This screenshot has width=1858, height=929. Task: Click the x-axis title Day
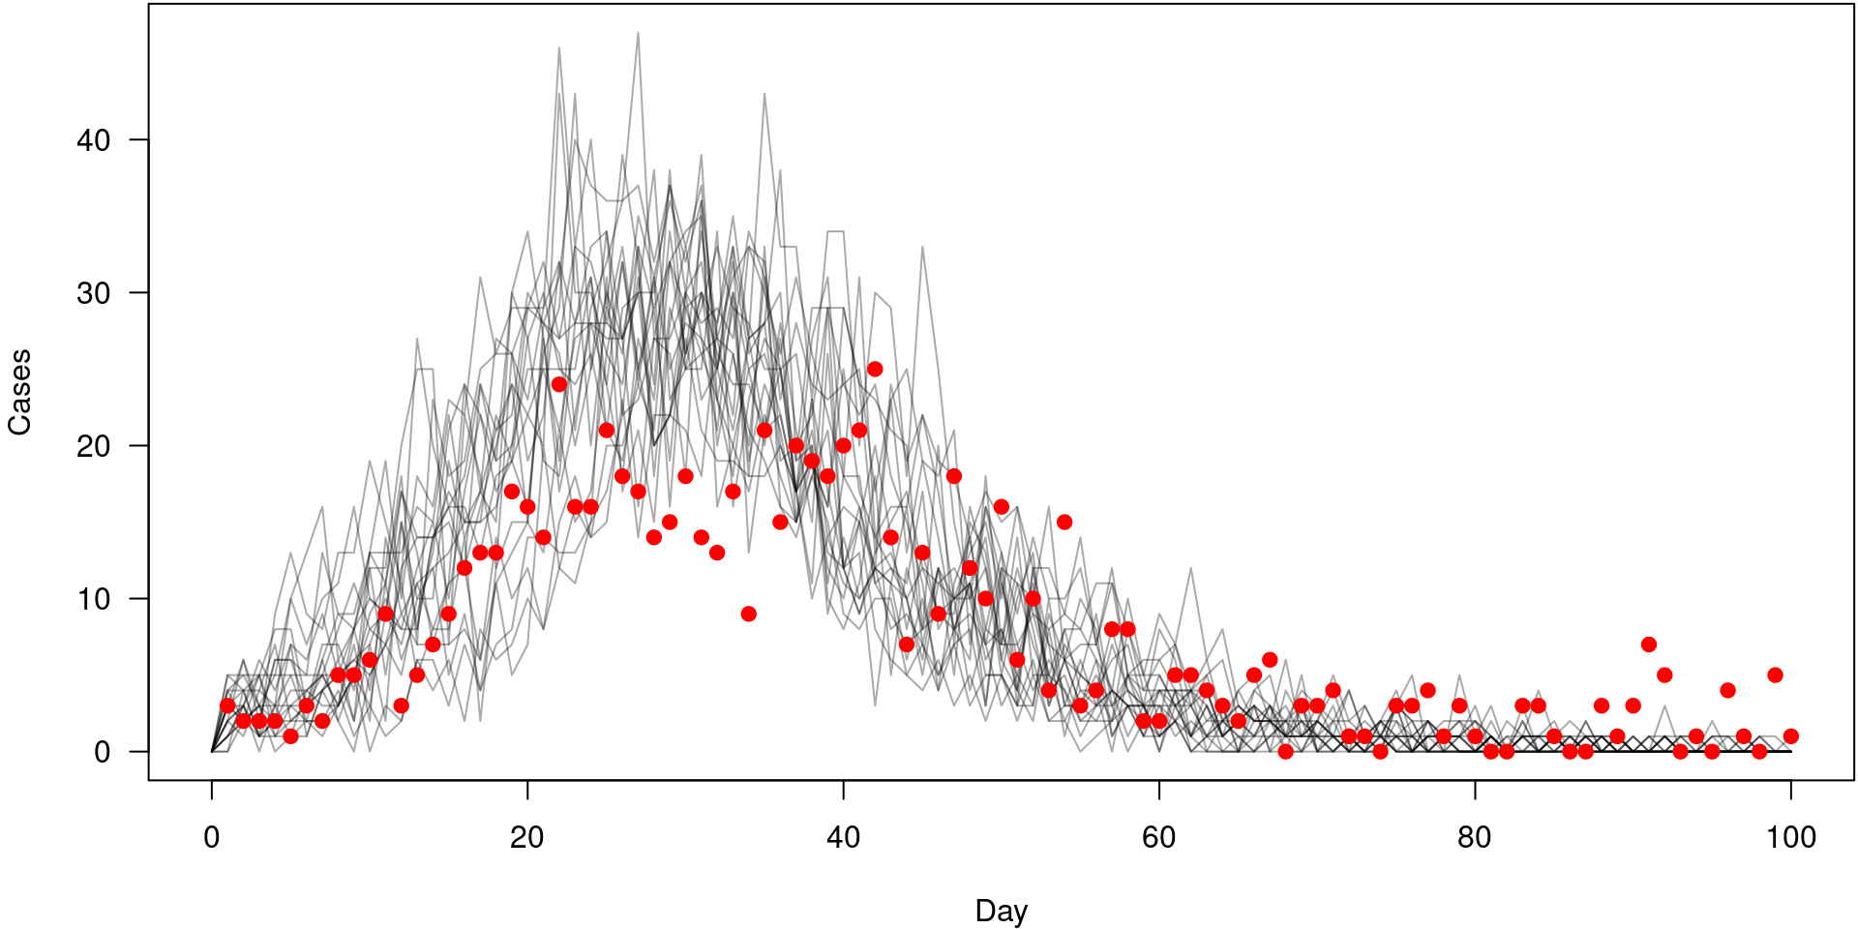[1001, 911]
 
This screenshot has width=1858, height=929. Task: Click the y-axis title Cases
[20, 392]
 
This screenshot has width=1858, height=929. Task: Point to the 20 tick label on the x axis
[527, 837]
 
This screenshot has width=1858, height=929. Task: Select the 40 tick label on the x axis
[843, 837]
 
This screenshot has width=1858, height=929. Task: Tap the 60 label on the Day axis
[1158, 837]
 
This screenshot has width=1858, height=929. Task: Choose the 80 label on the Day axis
[1474, 837]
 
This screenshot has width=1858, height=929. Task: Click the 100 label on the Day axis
[1790, 837]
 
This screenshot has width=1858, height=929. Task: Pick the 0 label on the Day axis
[212, 837]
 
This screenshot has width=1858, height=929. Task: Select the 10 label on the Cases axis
[94, 599]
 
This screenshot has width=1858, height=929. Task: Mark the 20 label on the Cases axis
[94, 446]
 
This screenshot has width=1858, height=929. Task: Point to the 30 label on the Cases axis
[94, 293]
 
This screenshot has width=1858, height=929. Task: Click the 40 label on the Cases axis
[94, 140]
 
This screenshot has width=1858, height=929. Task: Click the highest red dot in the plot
[875, 369]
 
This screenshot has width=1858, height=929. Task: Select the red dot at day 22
[559, 384]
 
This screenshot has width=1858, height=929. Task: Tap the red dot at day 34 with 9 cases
[748, 614]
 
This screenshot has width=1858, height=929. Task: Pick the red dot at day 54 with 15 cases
[1064, 522]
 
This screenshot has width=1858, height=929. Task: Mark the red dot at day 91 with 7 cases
[1649, 644]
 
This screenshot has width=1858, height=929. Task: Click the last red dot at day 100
[1790, 736]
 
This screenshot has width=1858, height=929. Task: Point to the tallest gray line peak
[638, 33]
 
